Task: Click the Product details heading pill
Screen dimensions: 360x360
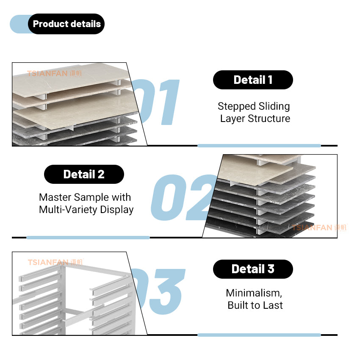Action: click(x=66, y=24)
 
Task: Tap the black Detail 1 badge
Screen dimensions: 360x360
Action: click(x=253, y=80)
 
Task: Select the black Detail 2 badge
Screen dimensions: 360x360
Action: click(x=84, y=174)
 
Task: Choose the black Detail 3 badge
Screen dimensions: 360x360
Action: click(x=253, y=269)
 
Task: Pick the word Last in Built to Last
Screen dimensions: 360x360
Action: click(x=273, y=305)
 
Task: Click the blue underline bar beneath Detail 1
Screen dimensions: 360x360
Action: click(x=259, y=146)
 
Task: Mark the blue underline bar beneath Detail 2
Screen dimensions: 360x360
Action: click(x=88, y=238)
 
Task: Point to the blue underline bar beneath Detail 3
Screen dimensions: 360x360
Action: click(x=259, y=335)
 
